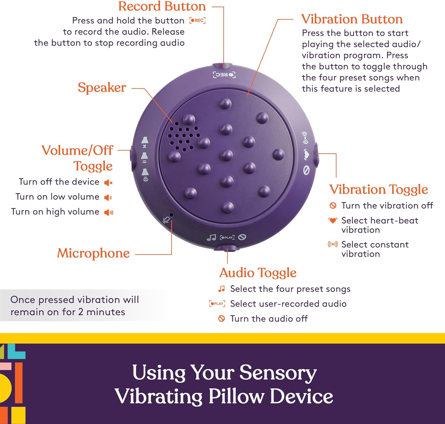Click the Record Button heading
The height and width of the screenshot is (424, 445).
[162, 7]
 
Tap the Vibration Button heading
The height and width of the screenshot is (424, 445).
[352, 19]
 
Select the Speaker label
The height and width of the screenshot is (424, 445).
[102, 88]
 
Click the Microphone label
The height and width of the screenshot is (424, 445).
[93, 253]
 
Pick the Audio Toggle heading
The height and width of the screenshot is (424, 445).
[258, 273]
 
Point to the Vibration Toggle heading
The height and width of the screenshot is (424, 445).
[379, 189]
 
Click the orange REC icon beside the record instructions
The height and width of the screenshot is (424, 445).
[198, 20]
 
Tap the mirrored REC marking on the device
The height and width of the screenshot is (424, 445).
[224, 75]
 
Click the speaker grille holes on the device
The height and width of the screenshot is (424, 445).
[182, 136]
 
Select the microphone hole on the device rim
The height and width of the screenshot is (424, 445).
[171, 215]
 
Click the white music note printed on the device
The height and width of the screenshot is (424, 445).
[211, 238]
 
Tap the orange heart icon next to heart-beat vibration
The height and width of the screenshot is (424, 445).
[333, 221]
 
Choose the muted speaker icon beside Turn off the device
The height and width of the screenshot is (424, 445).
[108, 183]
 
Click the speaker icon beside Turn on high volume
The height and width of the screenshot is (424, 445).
[109, 212]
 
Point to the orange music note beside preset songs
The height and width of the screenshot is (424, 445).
[221, 289]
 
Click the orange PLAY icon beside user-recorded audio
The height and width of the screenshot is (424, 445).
[217, 303]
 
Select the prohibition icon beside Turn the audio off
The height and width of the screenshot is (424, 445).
[221, 319]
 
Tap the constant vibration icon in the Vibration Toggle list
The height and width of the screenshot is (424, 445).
[333, 244]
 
